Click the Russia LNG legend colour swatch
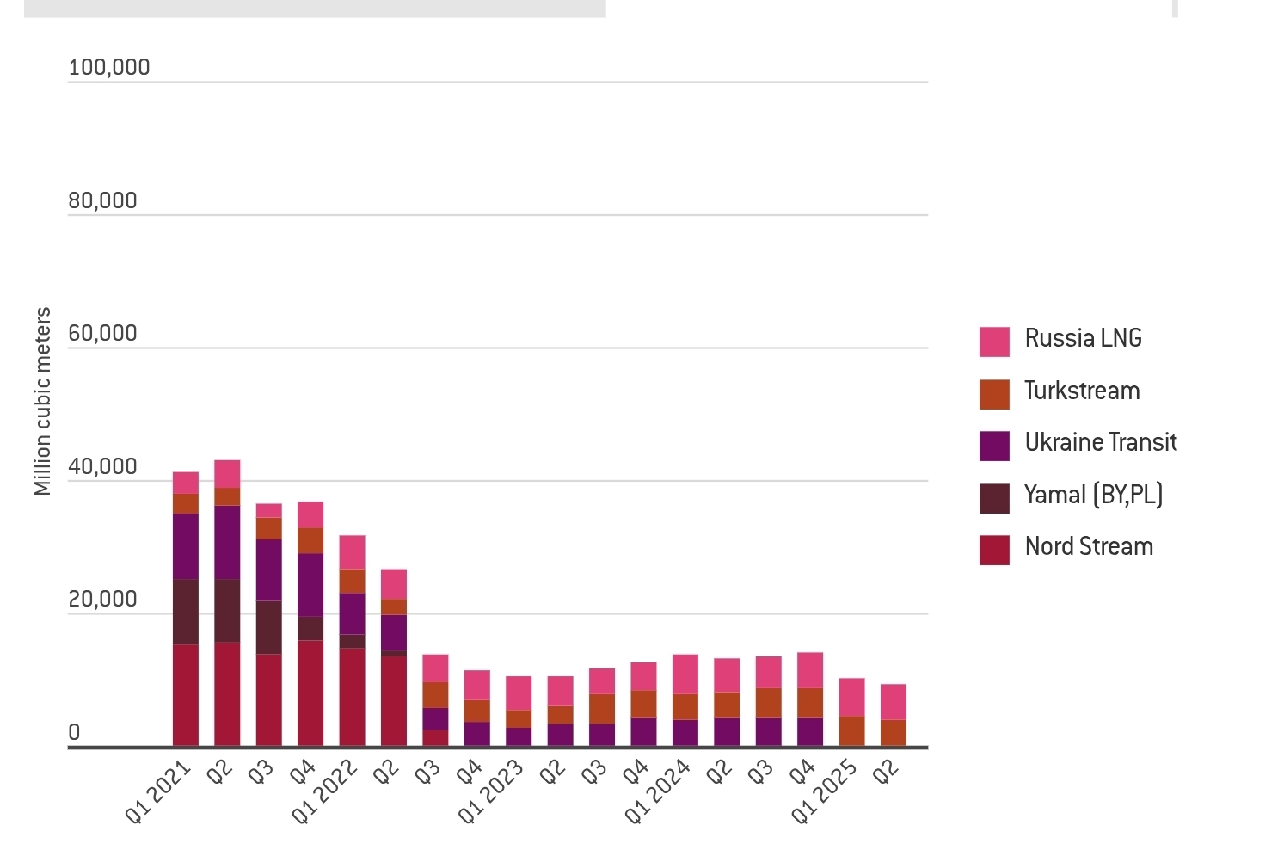coord(994,342)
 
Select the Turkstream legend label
coord(1082,391)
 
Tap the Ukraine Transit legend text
coord(1100,442)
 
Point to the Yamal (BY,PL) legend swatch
coord(994,498)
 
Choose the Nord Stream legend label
coord(1089,546)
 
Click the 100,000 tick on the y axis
coord(109,67)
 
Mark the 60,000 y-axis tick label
coord(103,333)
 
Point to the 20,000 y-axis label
coord(103,599)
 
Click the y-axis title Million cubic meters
coord(42,401)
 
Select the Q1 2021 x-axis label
coord(157,791)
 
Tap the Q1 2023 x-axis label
coord(490,791)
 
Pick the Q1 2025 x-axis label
coord(824,791)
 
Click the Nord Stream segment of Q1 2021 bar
coord(186,694)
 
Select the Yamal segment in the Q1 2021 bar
coord(186,612)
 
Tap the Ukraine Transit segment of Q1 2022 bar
coord(352,613)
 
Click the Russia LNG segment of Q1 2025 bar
coord(851,697)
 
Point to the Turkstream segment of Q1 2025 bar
coord(851,730)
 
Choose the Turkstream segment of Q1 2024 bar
coord(685,706)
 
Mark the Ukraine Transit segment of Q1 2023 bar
coord(519,736)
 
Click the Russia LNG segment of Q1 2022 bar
coord(352,551)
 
